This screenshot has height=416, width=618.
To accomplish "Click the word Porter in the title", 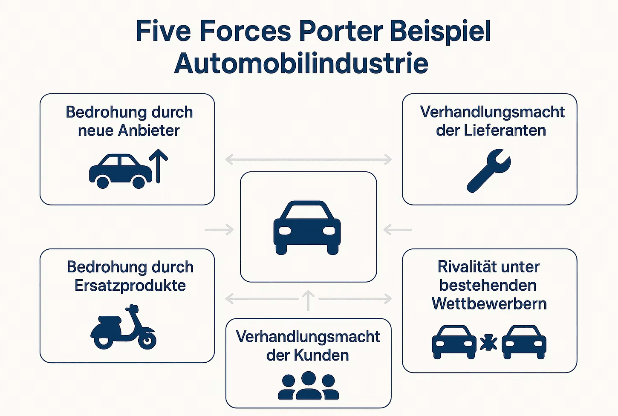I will (x=341, y=31).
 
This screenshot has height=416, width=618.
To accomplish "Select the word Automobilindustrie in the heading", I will (x=301, y=63).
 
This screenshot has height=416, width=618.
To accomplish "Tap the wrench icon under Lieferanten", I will (x=488, y=170).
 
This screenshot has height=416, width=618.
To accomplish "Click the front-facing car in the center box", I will (x=307, y=227).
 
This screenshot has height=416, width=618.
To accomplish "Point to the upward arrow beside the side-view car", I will (x=159, y=166).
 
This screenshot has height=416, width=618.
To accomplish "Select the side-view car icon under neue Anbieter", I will (x=120, y=171).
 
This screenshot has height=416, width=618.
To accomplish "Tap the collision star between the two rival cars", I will (x=488, y=343).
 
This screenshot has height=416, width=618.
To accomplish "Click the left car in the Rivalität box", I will (x=454, y=342).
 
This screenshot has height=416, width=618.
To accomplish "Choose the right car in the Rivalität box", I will (x=524, y=342).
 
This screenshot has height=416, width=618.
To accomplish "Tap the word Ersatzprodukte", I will (x=130, y=286).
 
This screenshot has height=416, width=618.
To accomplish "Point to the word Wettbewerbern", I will (x=489, y=303).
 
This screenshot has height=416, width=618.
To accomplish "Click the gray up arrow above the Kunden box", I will (x=308, y=300).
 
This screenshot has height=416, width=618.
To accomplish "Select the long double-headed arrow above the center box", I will (x=308, y=160).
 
